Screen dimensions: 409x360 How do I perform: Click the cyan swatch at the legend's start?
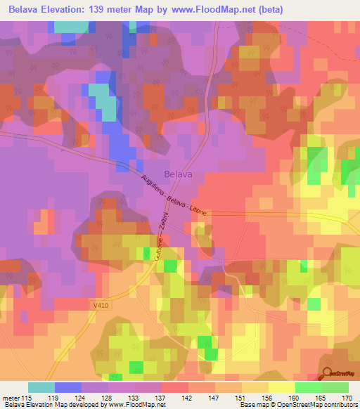[41, 387]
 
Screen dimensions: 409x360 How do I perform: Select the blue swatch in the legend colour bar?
[67, 387]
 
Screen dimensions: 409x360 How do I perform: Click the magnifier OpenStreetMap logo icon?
[328, 375]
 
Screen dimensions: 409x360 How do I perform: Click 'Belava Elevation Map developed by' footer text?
[55, 405]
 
